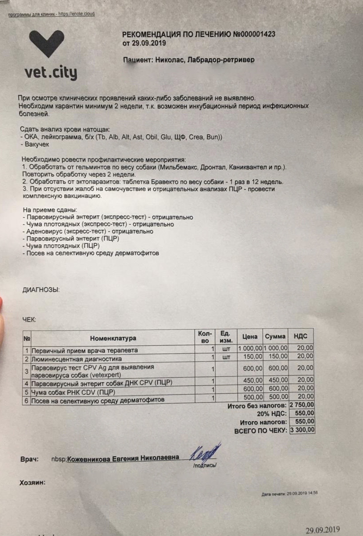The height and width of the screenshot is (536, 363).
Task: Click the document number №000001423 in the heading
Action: (x=254, y=34)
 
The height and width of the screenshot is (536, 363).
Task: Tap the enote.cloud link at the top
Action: (x=76, y=14)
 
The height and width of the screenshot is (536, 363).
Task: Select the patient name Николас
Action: (x=168, y=60)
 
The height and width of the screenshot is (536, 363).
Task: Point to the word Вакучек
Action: (x=37, y=144)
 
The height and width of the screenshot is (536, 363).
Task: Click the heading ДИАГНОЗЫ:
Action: (x=41, y=290)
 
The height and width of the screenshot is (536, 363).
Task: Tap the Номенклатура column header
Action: (x=113, y=338)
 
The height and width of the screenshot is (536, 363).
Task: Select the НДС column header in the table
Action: (x=300, y=336)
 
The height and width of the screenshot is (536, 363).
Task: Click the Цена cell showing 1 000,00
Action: (x=250, y=348)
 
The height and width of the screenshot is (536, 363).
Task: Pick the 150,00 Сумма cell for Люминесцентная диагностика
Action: (x=278, y=356)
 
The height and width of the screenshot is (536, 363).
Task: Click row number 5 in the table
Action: (x=27, y=392)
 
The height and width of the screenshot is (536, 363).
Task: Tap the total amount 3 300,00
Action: (x=302, y=430)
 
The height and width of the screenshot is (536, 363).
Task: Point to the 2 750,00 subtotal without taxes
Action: (x=302, y=405)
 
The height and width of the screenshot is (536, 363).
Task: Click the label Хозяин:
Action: (x=33, y=483)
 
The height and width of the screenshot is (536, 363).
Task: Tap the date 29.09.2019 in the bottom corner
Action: (x=323, y=530)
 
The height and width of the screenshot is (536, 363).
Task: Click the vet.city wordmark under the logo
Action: (x=51, y=73)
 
